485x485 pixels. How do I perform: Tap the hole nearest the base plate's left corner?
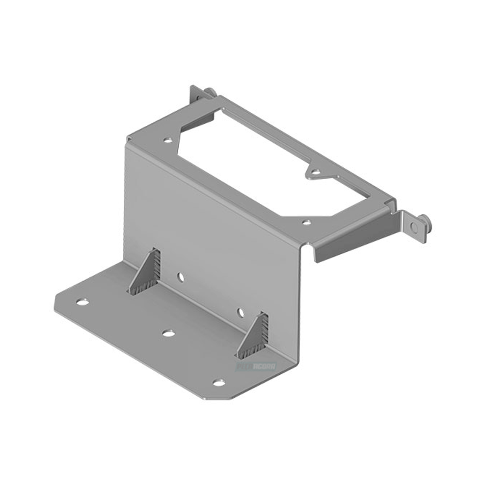[x=82, y=302]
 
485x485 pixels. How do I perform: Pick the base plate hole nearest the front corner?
[x=219, y=382]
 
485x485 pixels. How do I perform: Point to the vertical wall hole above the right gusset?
[x=240, y=312]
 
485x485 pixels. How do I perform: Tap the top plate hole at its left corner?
[x=167, y=141]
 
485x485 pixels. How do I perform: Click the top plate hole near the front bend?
[x=307, y=222]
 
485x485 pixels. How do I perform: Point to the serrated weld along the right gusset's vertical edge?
[x=265, y=331]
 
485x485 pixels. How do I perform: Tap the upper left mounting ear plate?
[x=197, y=96]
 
